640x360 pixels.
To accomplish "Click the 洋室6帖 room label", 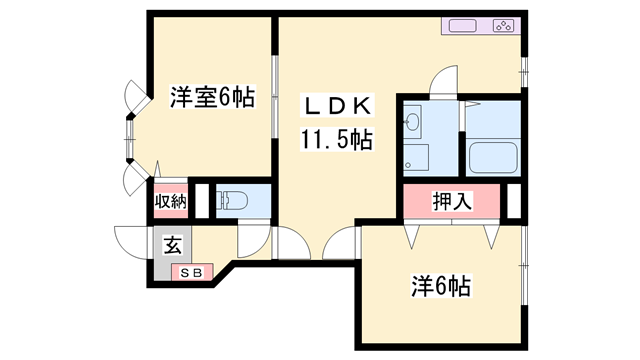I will pyautogui.click(x=211, y=97).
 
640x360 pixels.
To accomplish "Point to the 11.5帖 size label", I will pyautogui.click(x=336, y=139).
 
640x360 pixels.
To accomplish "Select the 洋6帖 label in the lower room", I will pyautogui.click(x=440, y=286).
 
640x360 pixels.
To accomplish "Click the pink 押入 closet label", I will pyautogui.click(x=452, y=200).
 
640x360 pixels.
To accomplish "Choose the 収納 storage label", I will pyautogui.click(x=170, y=200).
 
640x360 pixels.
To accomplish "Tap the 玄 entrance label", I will pyautogui.click(x=172, y=243).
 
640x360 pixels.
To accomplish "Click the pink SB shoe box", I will pyautogui.click(x=190, y=270).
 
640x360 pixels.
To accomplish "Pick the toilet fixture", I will pyautogui.click(x=229, y=199).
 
